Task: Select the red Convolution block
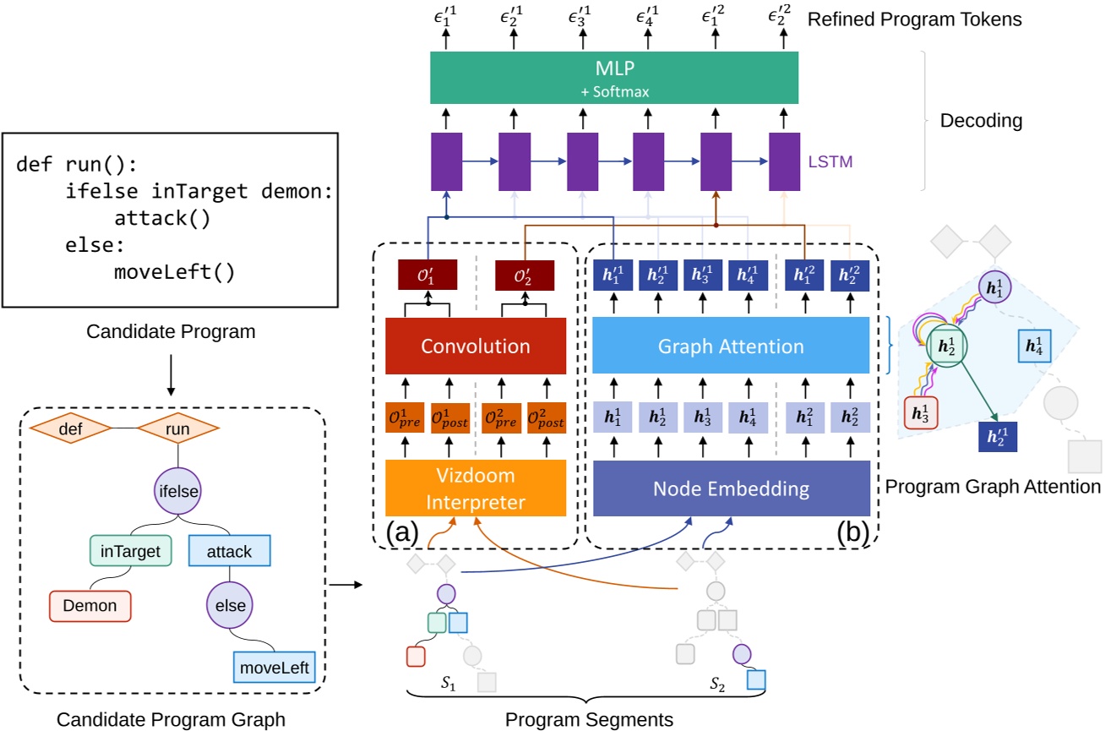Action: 476,346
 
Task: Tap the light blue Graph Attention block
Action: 731,345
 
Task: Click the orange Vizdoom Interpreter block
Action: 476,488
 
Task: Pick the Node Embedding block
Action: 731,488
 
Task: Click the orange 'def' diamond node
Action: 71,429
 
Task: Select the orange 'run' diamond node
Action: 177,429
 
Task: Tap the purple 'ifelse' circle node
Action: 177,488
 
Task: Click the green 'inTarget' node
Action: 130,551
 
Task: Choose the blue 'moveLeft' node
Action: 275,668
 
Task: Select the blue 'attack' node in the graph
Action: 230,551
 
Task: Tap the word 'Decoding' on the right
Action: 981,121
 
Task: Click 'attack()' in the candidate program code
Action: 162,218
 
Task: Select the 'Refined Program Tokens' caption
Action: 915,19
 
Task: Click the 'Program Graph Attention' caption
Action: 993,486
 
